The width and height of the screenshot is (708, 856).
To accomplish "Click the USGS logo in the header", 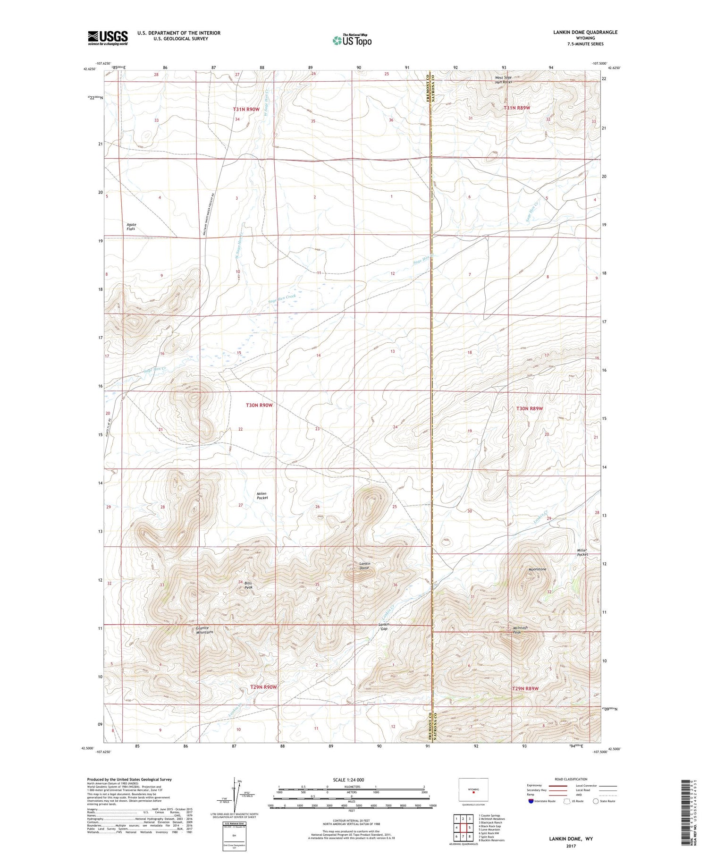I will (x=108, y=38).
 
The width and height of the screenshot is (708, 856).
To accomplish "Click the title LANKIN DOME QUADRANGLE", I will (x=585, y=32).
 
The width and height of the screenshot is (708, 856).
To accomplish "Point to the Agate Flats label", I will (x=131, y=227).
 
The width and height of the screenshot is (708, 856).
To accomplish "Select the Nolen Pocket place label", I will (x=262, y=496).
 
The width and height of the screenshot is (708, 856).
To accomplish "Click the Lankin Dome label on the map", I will (x=364, y=566).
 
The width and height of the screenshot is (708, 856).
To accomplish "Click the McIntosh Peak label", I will (x=519, y=630).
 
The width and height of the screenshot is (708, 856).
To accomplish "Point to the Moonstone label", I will (x=537, y=569).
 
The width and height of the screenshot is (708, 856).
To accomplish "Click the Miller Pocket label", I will (x=582, y=552).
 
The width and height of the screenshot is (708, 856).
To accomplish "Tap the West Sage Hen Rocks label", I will (x=503, y=80).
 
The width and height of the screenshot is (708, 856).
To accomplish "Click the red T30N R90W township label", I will (x=259, y=405).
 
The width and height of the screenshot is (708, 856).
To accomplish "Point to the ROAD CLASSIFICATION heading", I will (x=571, y=779).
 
